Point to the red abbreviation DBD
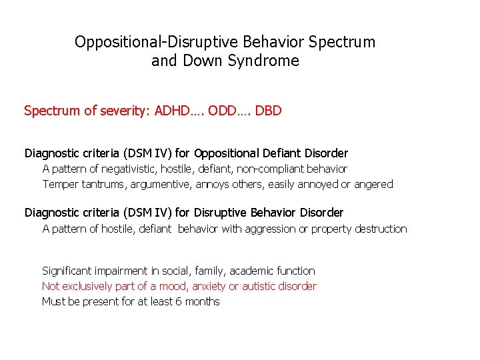point(268,111)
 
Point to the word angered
point(374,184)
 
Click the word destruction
point(381,229)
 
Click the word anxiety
point(209,286)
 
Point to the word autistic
point(259,286)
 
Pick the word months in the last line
point(203,301)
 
